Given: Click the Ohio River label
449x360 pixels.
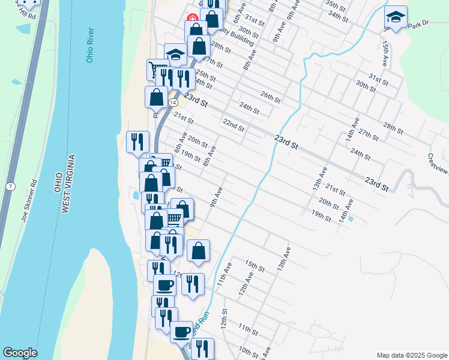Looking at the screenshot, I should [x=90, y=45].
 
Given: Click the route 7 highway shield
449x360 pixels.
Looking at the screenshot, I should [x=11, y=187].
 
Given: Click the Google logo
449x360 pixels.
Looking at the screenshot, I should [x=20, y=353].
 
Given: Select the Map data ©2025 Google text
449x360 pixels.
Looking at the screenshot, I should [x=411, y=355].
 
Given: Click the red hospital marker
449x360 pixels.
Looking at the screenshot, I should [x=193, y=19].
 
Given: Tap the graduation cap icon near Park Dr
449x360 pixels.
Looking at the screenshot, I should [x=396, y=16].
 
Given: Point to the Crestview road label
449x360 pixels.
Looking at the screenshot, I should [x=438, y=164].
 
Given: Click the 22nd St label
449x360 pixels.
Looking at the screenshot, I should [x=234, y=125].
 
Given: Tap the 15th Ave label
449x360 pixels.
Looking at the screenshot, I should [x=384, y=54].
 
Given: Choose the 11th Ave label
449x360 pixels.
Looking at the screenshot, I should [x=223, y=273].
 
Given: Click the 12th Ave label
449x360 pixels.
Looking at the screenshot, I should [x=243, y=281].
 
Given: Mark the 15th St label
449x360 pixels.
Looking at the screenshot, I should [x=255, y=265].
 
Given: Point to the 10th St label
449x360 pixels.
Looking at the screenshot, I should [x=248, y=350].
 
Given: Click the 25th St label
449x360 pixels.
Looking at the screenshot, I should [x=206, y=76].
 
